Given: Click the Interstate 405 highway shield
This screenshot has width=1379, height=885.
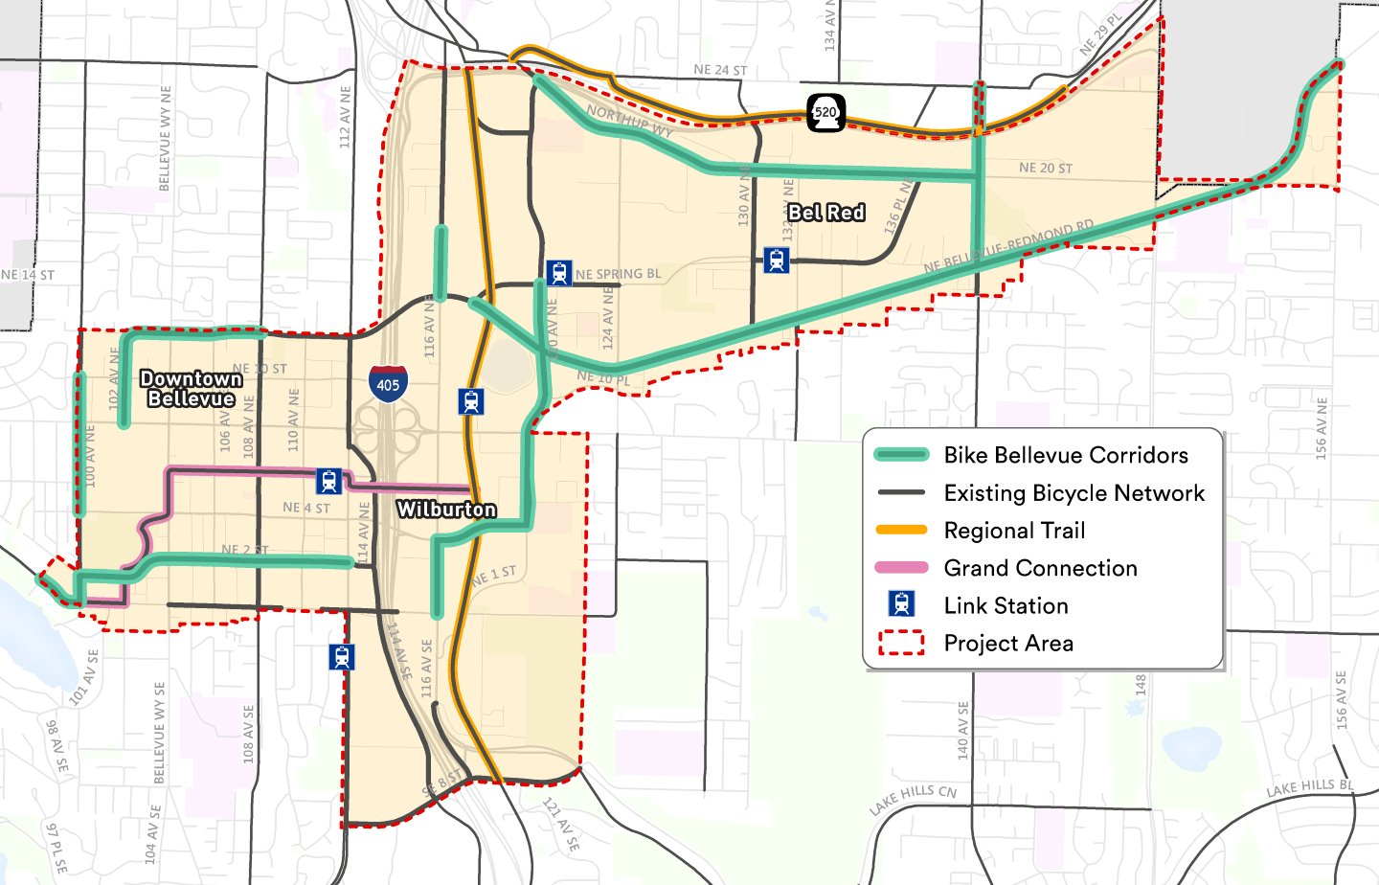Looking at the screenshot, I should [388, 383].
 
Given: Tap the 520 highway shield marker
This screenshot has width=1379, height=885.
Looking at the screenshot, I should [825, 112].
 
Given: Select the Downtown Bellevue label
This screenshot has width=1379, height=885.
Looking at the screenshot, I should [192, 389].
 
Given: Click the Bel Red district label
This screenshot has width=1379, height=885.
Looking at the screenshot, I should [826, 213].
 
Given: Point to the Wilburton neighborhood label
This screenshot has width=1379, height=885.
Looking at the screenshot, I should [446, 510].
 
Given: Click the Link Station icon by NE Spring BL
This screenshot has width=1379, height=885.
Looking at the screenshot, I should [559, 273].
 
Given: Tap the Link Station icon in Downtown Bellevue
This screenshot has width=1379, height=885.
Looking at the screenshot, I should [328, 481].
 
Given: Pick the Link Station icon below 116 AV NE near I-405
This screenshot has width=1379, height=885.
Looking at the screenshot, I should [470, 401].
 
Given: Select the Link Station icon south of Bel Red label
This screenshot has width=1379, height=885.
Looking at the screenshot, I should [777, 260].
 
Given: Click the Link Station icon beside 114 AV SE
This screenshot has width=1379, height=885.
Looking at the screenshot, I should [342, 657].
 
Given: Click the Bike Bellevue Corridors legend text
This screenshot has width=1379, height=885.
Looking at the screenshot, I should [1066, 455].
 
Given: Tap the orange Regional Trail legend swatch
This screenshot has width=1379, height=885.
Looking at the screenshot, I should [901, 530].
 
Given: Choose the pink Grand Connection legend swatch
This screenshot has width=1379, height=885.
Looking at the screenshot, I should [901, 568].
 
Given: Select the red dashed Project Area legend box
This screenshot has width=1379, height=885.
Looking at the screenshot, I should [901, 643].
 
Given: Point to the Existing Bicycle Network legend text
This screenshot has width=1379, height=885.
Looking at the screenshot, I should [1074, 493].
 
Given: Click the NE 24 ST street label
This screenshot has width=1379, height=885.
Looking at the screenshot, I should [720, 70].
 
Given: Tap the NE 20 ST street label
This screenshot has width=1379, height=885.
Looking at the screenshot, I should [1046, 168].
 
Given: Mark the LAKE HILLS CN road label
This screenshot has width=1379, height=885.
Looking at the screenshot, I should [913, 800].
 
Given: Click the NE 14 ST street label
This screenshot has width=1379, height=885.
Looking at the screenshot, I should [28, 275].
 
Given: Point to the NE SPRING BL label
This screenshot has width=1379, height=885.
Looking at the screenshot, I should [619, 274].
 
